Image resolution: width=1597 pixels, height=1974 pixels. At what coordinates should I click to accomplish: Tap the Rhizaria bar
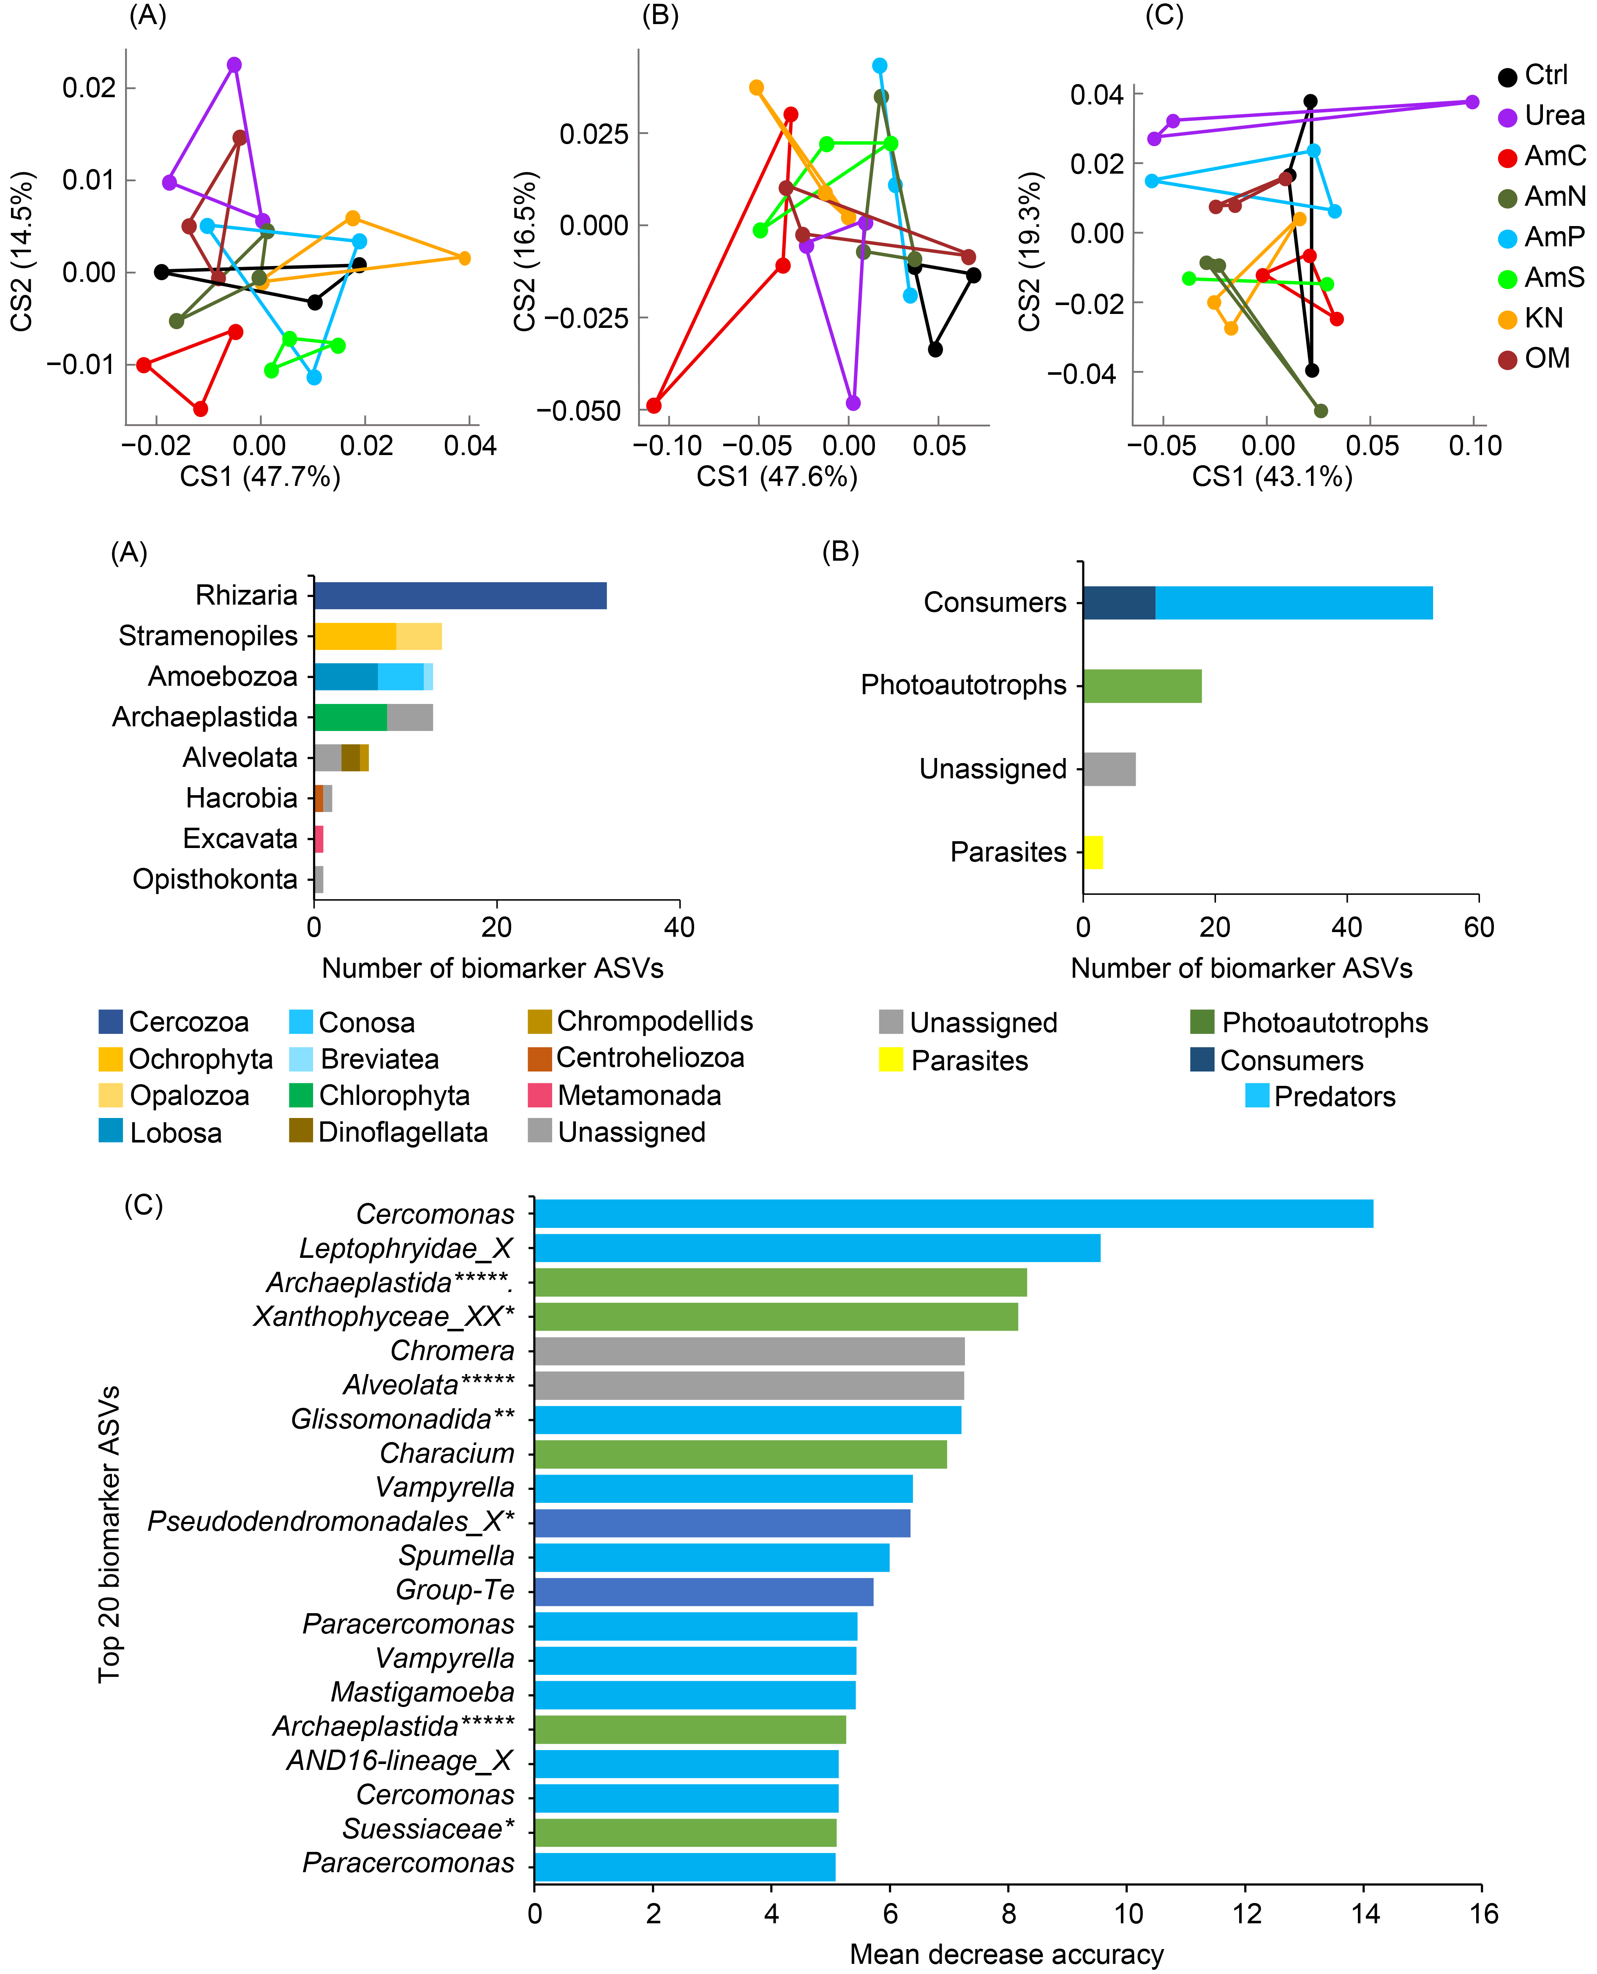[x=460, y=595]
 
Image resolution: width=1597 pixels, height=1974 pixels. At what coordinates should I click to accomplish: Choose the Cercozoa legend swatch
[x=110, y=1022]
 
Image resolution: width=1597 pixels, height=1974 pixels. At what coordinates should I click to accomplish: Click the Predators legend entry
[x=1334, y=1096]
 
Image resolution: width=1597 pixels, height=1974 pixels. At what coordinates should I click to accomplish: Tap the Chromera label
[x=452, y=1350]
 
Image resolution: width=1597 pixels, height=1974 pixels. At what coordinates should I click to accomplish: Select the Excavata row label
[x=240, y=839]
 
